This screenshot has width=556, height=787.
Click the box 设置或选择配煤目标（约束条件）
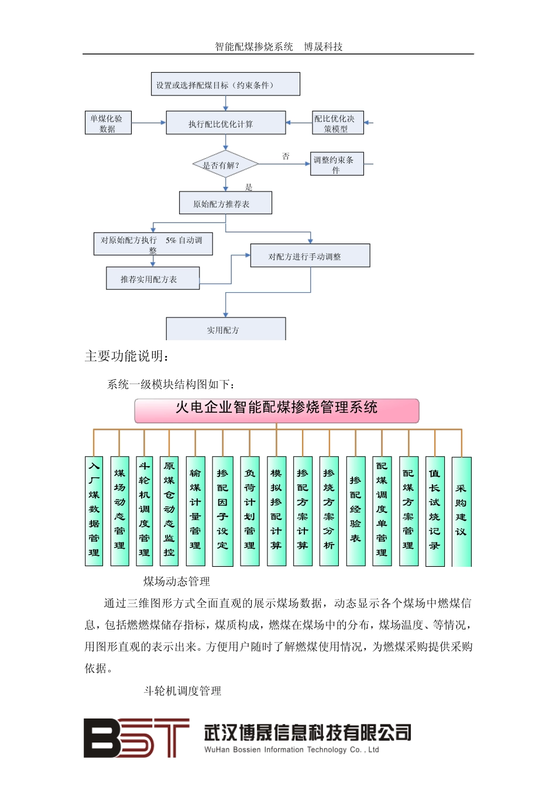pos(225,84)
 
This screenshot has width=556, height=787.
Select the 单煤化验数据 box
pos(107,123)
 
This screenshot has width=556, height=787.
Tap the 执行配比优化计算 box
pos(226,124)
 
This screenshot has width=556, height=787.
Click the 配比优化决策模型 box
pos(337,123)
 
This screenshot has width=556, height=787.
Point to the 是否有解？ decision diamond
pos(225,165)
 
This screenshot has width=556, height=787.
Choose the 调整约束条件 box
pos(337,164)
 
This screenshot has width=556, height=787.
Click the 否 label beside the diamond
pos(286,156)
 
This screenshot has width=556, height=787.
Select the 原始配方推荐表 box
pos(225,203)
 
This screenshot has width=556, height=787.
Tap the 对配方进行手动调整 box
pos(310,256)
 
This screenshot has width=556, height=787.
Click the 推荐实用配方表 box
pos(152,279)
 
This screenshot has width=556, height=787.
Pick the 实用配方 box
pos(226,329)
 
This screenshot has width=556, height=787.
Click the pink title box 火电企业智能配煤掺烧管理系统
pos(276,410)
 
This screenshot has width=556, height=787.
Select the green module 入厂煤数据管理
pos(94,511)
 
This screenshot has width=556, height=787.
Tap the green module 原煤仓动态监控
pos(169,511)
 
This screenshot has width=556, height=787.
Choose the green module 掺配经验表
pos(355,511)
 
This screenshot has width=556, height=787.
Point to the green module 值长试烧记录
pos(435,511)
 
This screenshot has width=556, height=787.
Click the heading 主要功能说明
pos(128,356)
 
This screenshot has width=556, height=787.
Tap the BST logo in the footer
pos(136,738)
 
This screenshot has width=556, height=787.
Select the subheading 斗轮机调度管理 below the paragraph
pos(183,691)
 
